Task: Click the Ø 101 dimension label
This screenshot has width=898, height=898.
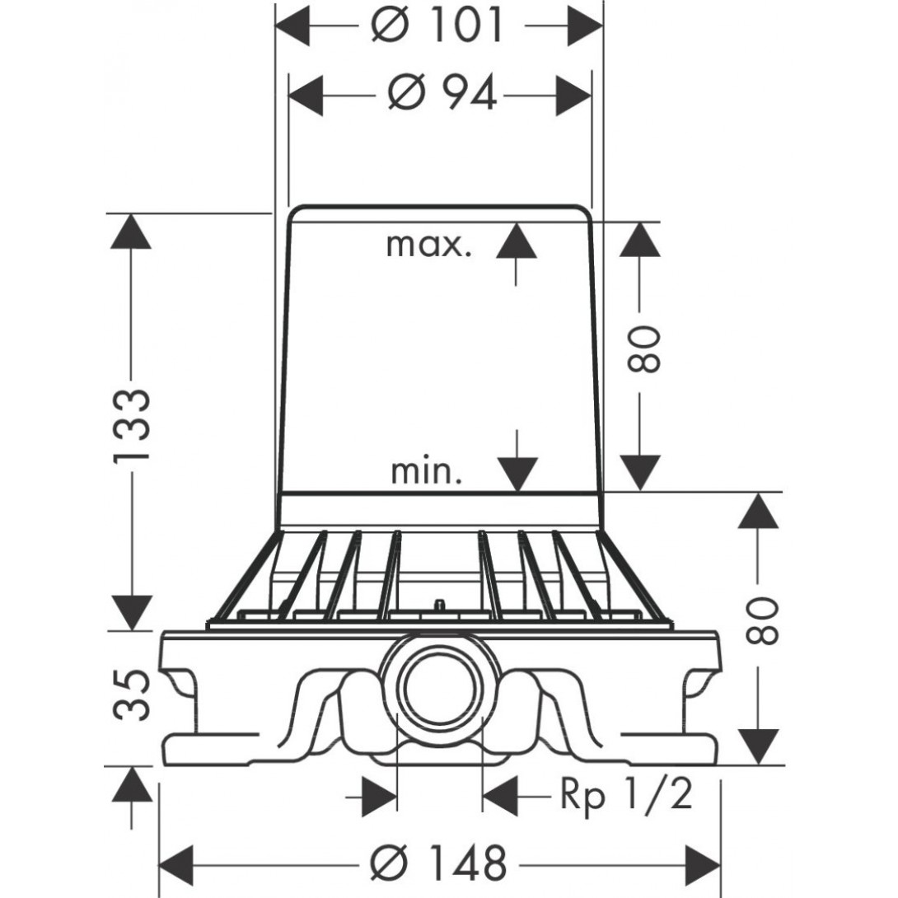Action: point(437,26)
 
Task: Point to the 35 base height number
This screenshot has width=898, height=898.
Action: point(132,696)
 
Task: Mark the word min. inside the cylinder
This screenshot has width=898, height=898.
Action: point(426,472)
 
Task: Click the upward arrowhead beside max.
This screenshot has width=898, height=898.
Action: point(516,239)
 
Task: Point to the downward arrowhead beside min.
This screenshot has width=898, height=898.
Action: point(516,475)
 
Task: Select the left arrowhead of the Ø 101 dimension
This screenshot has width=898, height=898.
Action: point(292,26)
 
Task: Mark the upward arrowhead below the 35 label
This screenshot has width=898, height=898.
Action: point(132,787)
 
